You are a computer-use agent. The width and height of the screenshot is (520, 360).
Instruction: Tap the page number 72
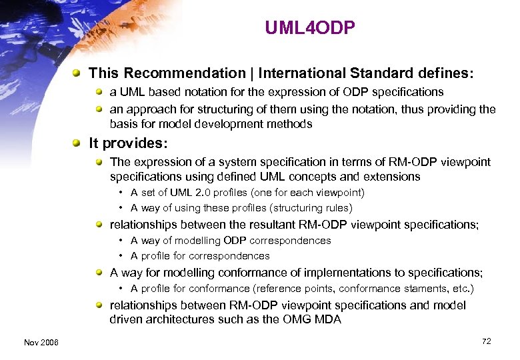pos(487,341)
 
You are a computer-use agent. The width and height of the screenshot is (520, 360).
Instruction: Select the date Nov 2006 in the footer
pos(41,342)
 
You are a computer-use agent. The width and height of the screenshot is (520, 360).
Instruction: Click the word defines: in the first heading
pos(447,73)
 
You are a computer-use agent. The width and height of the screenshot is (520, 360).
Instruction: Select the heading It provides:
pos(129,143)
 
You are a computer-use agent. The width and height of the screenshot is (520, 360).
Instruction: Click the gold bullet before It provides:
pos(79,143)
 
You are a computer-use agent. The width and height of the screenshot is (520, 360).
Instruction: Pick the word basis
pos(123,124)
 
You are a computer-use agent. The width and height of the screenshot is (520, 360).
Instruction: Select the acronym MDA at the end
pos(327,319)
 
